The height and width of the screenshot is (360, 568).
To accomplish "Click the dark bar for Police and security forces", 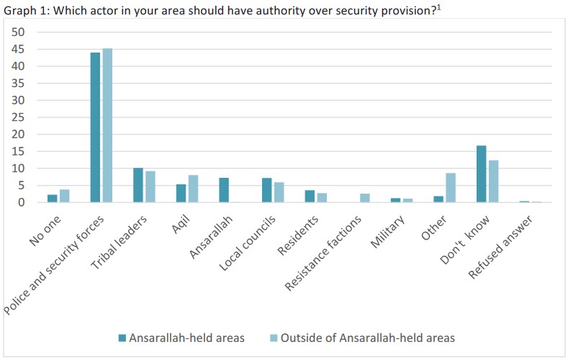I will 95,127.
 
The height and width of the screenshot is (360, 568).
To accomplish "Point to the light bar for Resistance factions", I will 364,198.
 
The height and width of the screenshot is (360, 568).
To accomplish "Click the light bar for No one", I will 64,196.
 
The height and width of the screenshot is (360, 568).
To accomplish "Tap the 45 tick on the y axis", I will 19,49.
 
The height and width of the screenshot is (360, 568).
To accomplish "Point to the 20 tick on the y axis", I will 19,135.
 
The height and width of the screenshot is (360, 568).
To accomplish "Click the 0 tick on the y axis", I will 22,202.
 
